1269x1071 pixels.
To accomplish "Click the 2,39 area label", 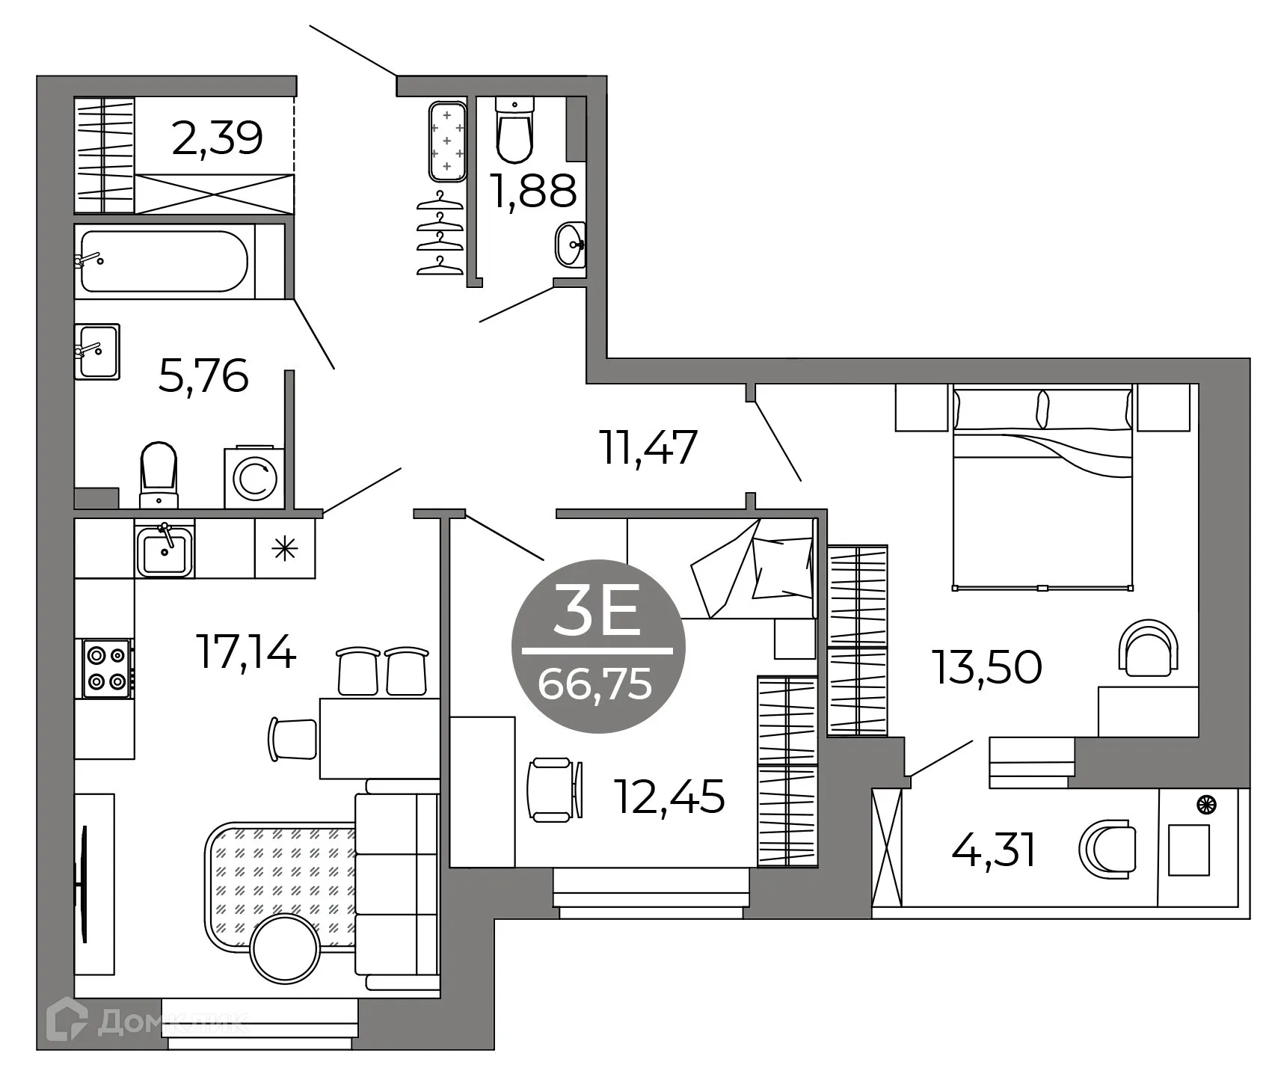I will point(217,138).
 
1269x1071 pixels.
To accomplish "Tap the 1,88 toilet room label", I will point(533,191).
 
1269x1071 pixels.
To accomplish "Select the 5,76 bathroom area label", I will point(203,376).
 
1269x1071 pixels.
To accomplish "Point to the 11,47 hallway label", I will point(649,448).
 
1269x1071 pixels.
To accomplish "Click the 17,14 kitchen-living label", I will point(246,651).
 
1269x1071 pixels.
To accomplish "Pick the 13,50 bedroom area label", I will point(986,667).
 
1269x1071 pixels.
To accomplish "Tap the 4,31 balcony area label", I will point(994,850).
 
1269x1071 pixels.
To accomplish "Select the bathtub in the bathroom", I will point(164,261).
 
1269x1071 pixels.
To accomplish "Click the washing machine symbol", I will point(254,479).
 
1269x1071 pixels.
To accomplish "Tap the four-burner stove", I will point(107,669).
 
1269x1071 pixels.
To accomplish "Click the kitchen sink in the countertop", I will point(164,550).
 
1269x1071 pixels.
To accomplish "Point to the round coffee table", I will point(286,948).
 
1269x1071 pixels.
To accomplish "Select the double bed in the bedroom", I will point(1042,486).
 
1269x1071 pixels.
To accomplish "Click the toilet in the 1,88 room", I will point(514,132).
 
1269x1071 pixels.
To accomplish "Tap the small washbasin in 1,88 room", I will point(571,245).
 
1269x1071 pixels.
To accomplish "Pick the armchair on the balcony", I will point(1107,850).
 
